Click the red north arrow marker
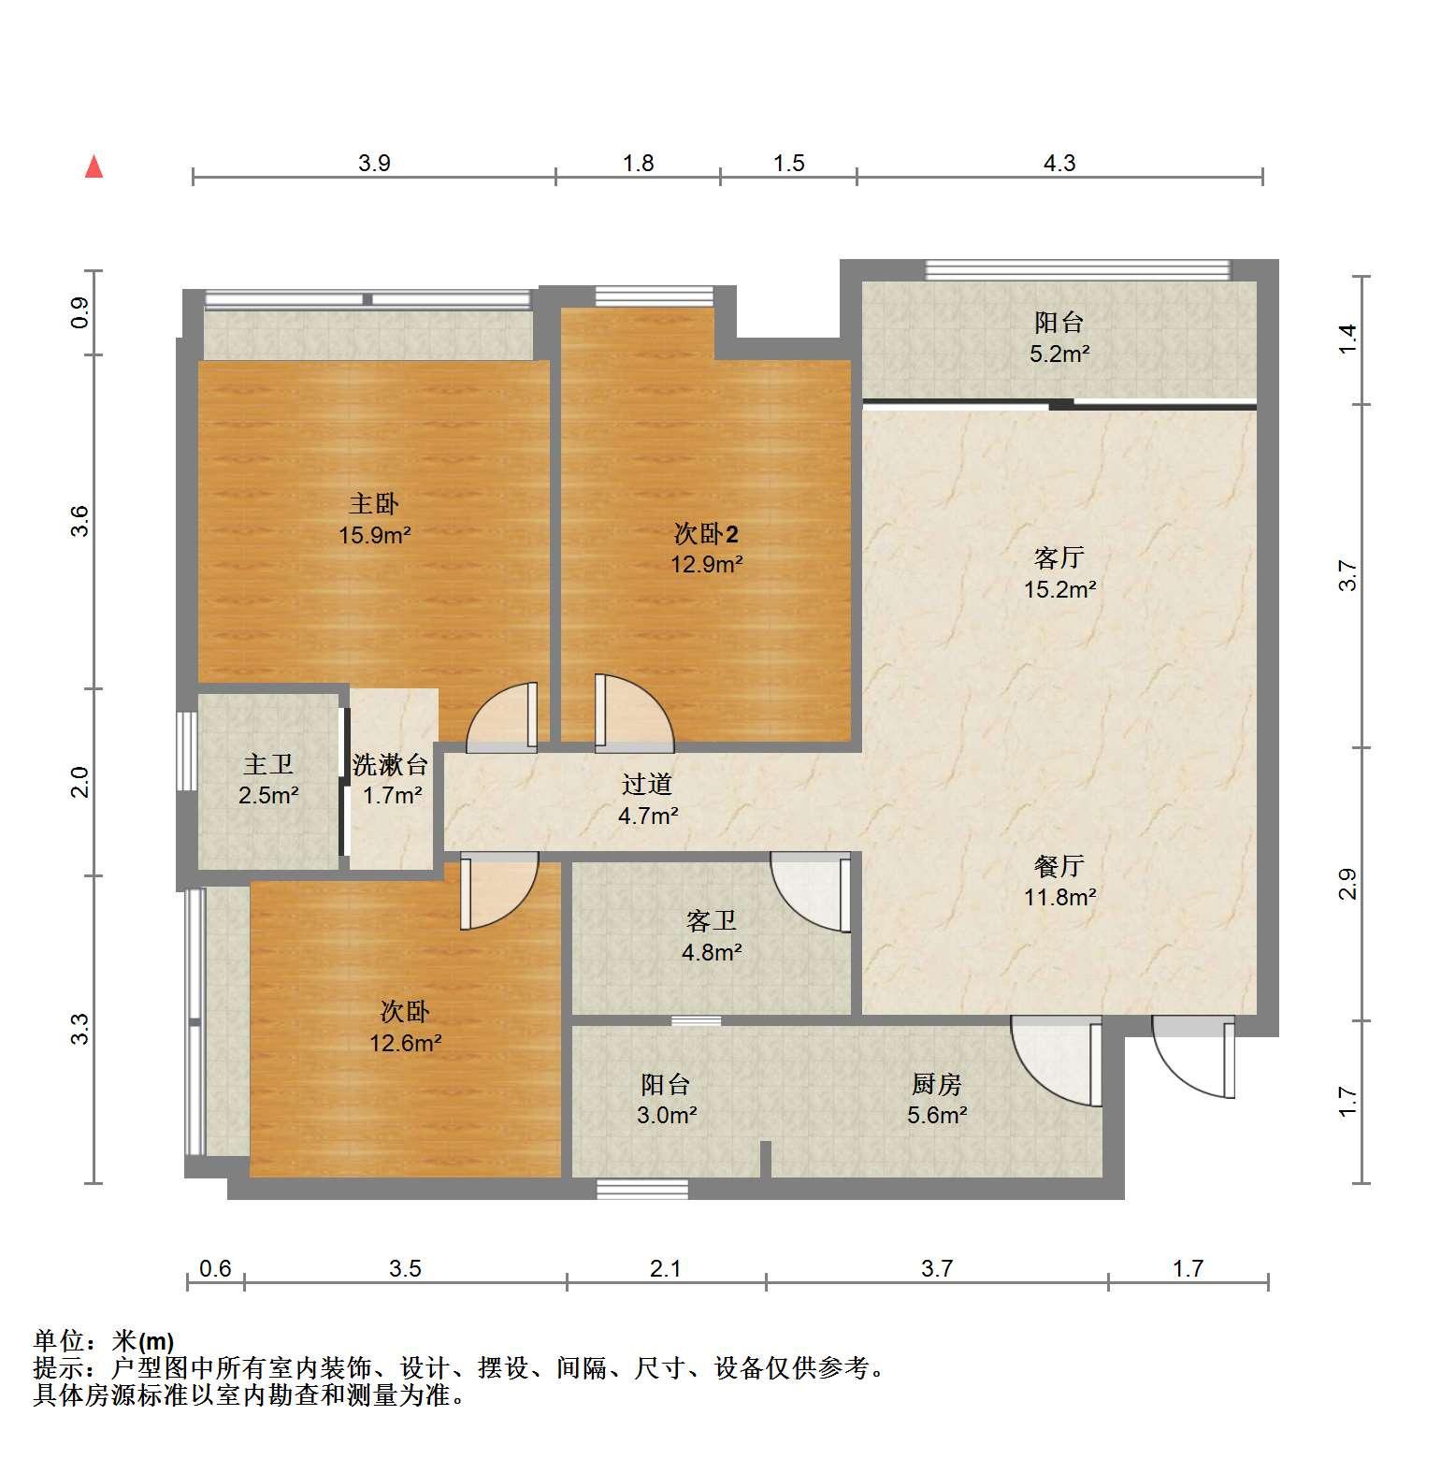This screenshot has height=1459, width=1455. (x=94, y=166)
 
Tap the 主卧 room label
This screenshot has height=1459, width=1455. (x=374, y=504)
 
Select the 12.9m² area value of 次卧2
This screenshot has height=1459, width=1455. (x=707, y=564)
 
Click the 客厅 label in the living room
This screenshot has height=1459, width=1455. (x=1059, y=558)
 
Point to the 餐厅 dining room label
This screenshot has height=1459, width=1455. (x=1059, y=866)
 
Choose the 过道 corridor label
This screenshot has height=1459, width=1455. (x=647, y=785)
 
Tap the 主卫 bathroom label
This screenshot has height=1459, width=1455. (x=268, y=765)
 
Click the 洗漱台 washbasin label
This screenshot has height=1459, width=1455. (x=391, y=765)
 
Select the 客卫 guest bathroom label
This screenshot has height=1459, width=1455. (x=712, y=921)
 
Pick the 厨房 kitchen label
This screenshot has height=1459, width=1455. (x=936, y=1084)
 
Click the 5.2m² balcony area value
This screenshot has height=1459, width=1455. (x=1059, y=354)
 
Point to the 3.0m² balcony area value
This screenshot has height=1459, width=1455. (x=667, y=1115)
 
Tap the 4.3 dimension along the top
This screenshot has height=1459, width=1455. (x=1059, y=164)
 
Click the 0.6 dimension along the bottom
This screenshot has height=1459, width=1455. (x=216, y=1268)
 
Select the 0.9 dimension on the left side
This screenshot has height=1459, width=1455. (x=80, y=311)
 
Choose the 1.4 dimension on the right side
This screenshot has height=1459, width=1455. (x=1347, y=339)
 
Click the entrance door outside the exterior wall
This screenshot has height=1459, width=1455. (x=1194, y=1058)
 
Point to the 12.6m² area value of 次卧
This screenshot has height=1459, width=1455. (x=405, y=1043)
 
